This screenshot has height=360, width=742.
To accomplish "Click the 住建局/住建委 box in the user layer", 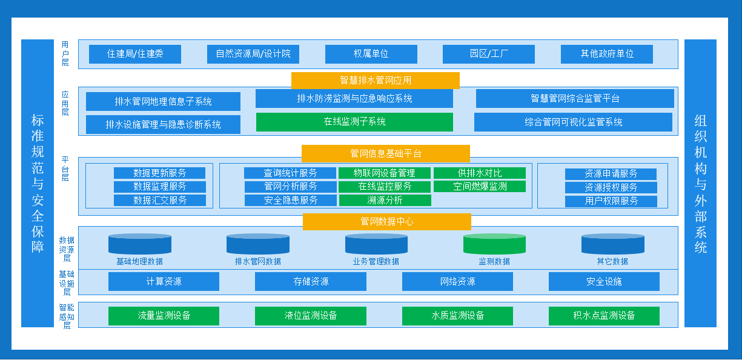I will pos(135,54).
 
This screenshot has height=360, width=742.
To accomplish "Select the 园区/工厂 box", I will pos(489,54).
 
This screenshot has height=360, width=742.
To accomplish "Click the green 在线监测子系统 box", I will pos(354,122).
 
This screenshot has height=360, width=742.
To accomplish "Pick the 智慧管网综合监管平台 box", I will pos(575,99).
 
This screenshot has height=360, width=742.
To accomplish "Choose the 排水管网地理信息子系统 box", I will pos(163,102).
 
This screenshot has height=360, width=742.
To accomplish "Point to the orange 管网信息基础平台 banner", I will pos(385,153).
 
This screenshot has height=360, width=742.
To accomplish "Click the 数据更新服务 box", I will pos(160,173).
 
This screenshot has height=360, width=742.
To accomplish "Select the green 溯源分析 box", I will pos(385,200).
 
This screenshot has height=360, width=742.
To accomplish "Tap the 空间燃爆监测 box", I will pos(480,187).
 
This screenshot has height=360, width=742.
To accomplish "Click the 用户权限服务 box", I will pos(611,201).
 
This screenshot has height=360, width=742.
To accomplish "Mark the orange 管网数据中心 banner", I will pos(386,222).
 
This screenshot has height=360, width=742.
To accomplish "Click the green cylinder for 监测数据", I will pos(494,244).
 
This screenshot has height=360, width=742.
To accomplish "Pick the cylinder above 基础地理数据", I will pos(140,244).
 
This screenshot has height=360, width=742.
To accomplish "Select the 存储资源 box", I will pos(311,281).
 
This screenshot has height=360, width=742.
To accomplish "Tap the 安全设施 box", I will pos(604,281).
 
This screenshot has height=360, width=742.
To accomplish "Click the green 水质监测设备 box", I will pos(457,316).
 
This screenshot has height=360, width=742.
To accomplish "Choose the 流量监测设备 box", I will pos(164,316).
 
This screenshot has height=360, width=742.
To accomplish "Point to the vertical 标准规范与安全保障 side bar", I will pos(38,183).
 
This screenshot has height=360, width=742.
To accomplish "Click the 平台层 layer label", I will pos(65,169).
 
